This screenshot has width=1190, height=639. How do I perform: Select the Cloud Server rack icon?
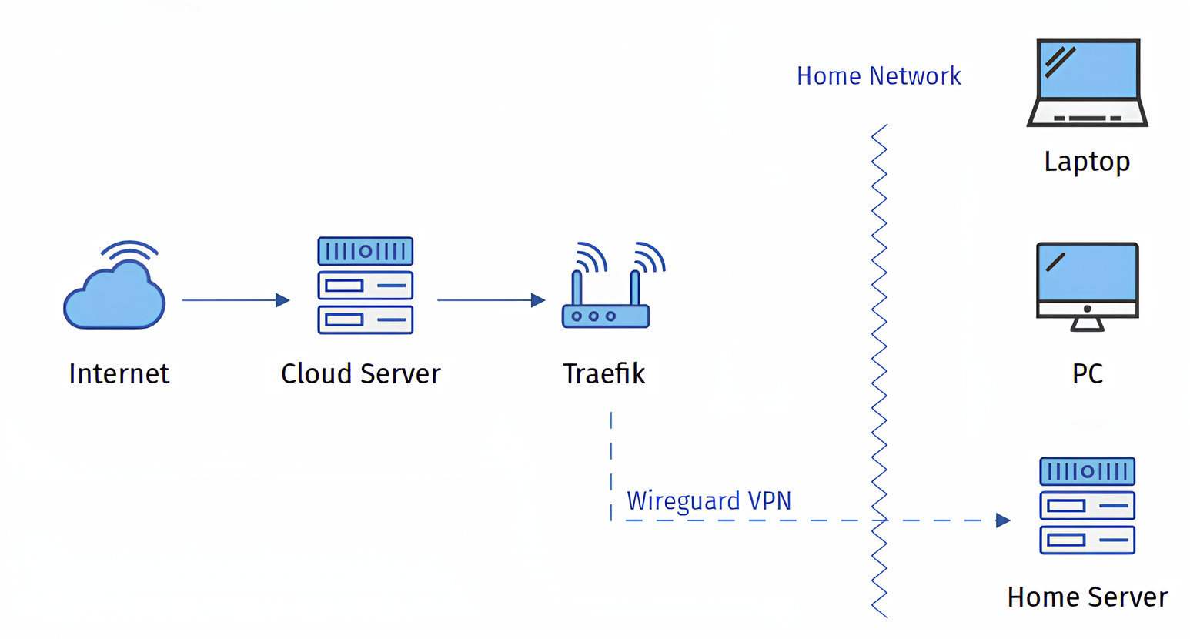coord(366,286)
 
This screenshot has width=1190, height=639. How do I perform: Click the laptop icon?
coord(1087,82)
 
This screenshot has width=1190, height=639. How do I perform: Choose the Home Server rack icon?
coord(1087,506)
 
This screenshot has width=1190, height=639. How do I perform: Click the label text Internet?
coord(119,374)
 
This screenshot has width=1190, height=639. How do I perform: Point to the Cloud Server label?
coord(360,374)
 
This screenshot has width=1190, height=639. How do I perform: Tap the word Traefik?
coord(603,374)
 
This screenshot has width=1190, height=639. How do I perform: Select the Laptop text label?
coord(1087,162)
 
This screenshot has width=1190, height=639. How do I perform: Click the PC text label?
coord(1087,374)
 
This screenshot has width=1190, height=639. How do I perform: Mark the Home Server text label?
coord(1087,597)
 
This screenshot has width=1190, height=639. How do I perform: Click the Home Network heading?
coord(878,76)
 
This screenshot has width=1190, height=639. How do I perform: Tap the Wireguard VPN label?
coord(708,501)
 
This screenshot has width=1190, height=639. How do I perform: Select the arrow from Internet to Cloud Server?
coord(235,300)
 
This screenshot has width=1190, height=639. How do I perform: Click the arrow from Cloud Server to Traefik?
coord(490,300)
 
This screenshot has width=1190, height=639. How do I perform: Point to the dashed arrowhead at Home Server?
coord(1002,520)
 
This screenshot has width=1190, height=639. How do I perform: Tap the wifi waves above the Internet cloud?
coord(129,250)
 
